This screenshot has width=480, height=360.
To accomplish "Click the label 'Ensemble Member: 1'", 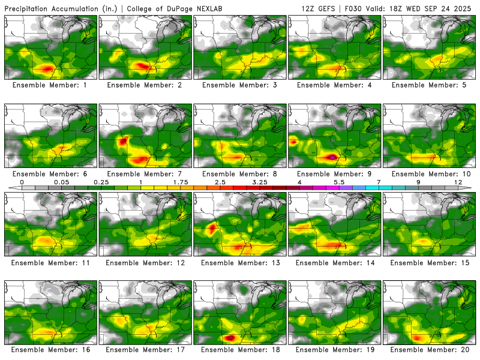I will pyautogui.click(x=50, y=85).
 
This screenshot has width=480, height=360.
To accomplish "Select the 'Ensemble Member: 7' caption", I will pyautogui.click(x=146, y=174).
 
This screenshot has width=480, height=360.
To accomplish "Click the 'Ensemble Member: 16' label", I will pyautogui.click(x=50, y=349).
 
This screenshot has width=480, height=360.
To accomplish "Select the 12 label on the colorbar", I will pyautogui.click(x=458, y=182).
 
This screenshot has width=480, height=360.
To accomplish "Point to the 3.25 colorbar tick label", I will pyautogui.click(x=260, y=182).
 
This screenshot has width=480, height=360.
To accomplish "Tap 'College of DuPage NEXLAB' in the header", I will pyautogui.click(x=166, y=9).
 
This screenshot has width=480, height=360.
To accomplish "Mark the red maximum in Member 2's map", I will pyautogui.click(x=140, y=65).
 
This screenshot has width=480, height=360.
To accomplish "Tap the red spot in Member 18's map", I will pyautogui.click(x=229, y=337).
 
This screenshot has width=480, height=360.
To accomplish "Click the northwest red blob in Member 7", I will pyautogui.click(x=122, y=142).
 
